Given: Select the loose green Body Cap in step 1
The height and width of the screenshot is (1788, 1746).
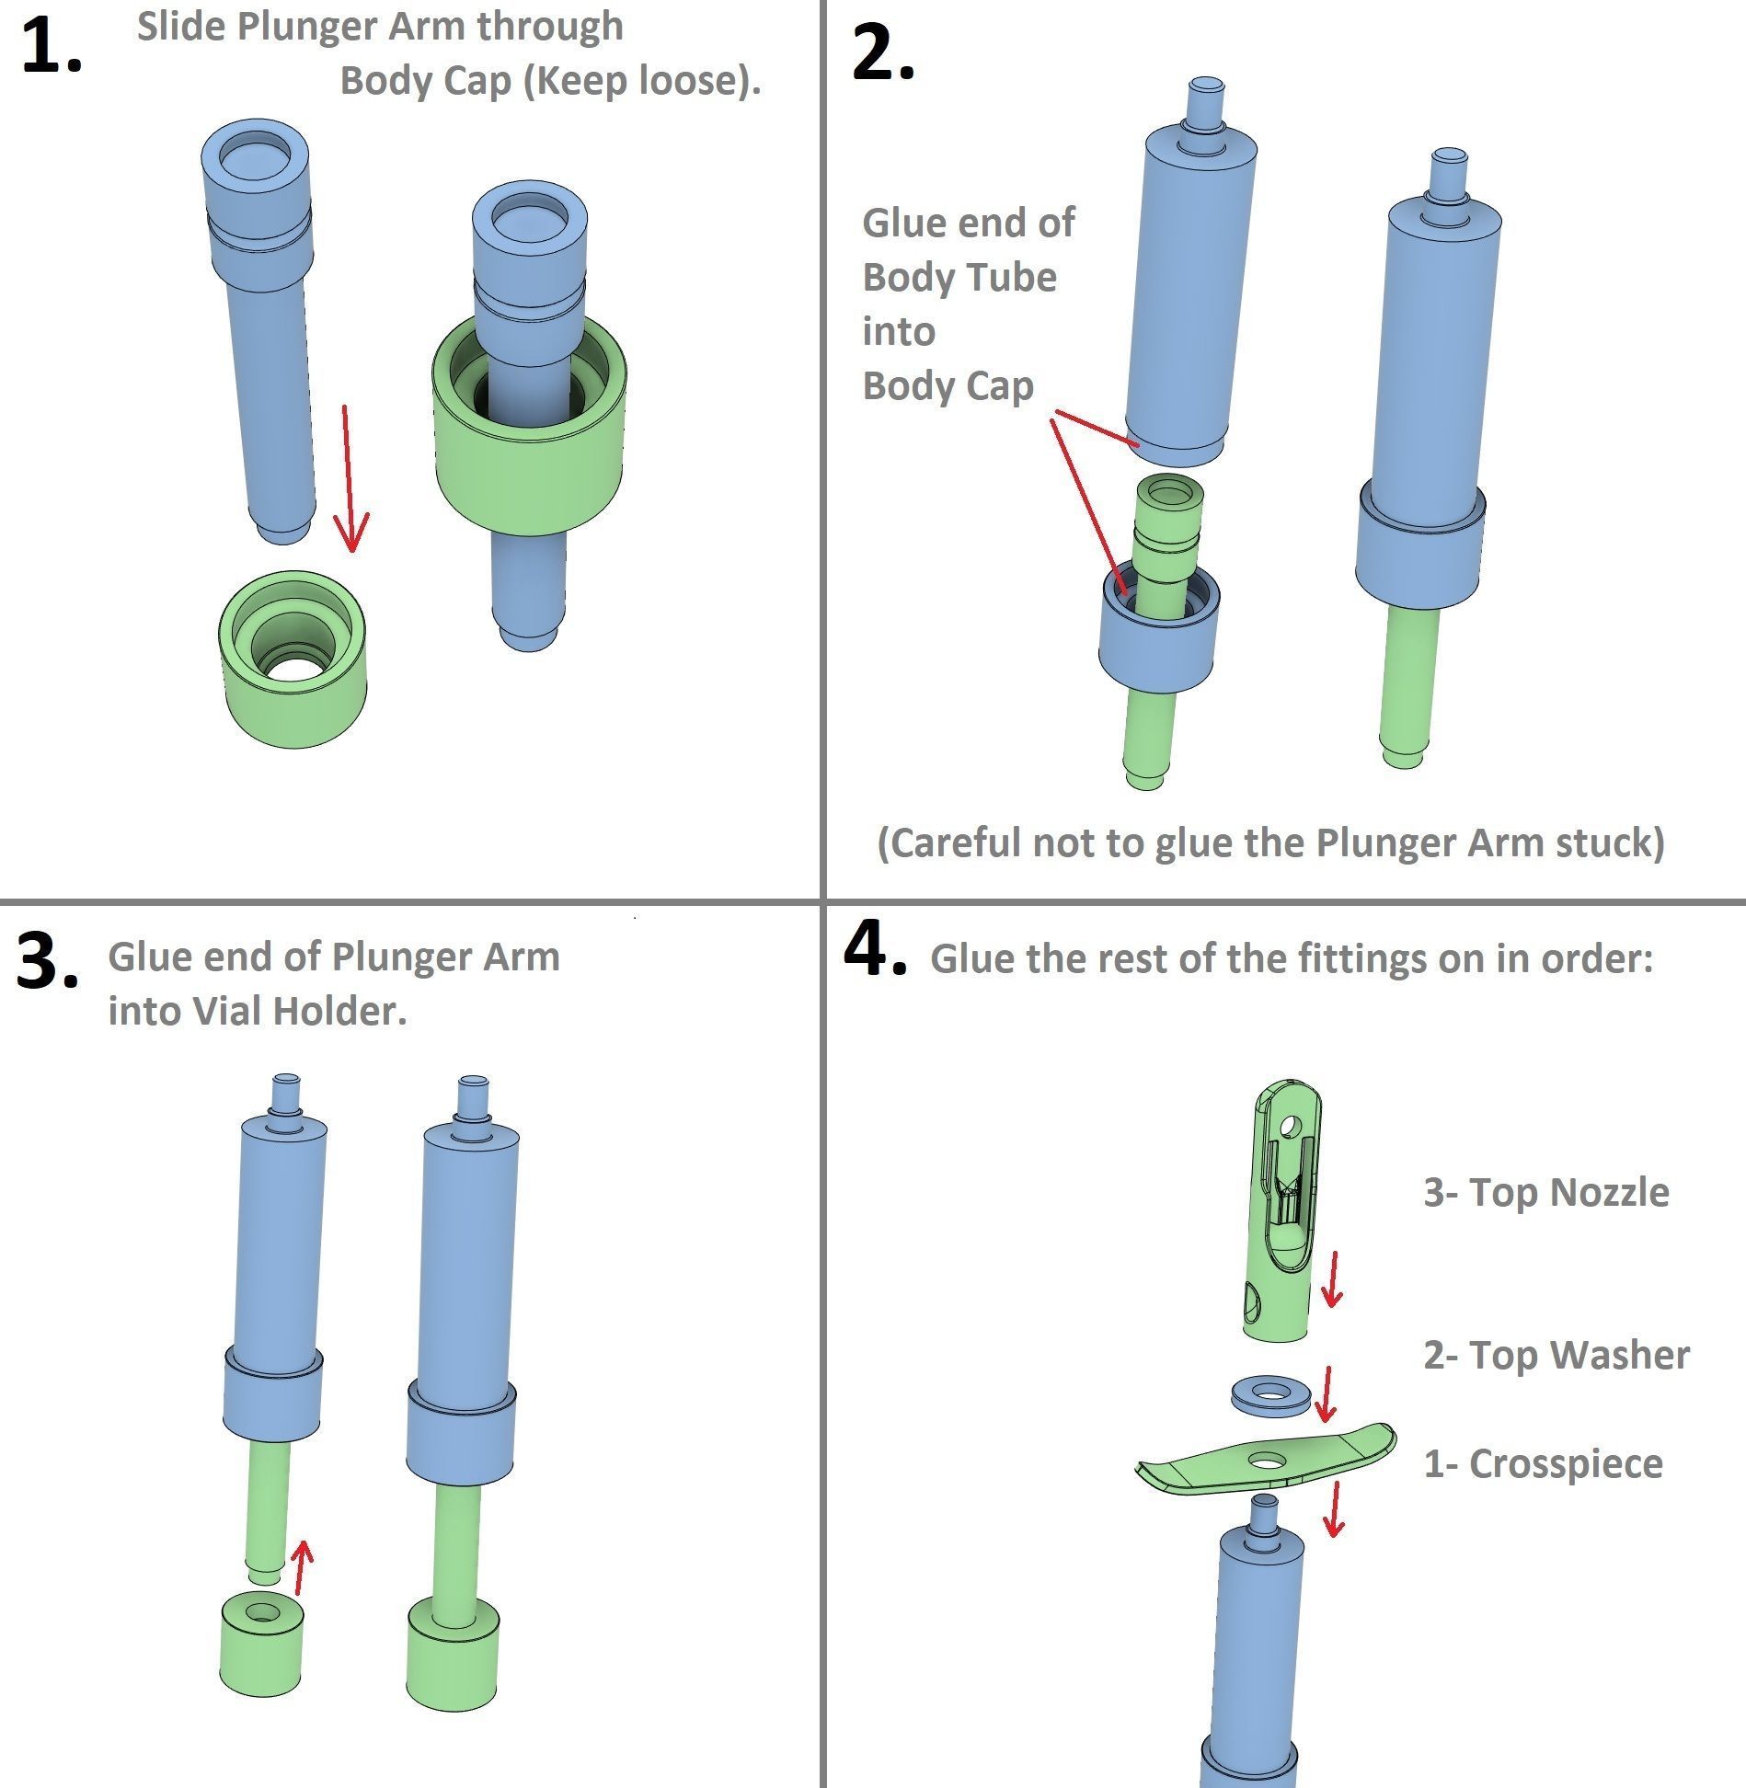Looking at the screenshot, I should [293, 658].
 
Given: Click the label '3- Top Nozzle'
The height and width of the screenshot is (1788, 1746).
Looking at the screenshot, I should [1545, 1192].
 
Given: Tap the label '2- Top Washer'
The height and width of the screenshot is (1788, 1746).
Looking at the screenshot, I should [1556, 1355].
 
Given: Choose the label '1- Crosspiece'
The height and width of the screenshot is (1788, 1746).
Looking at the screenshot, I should [1543, 1463].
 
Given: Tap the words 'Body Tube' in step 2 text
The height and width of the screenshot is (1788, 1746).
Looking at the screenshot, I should [959, 278].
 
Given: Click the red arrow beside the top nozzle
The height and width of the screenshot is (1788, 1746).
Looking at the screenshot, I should [1330, 1279].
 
